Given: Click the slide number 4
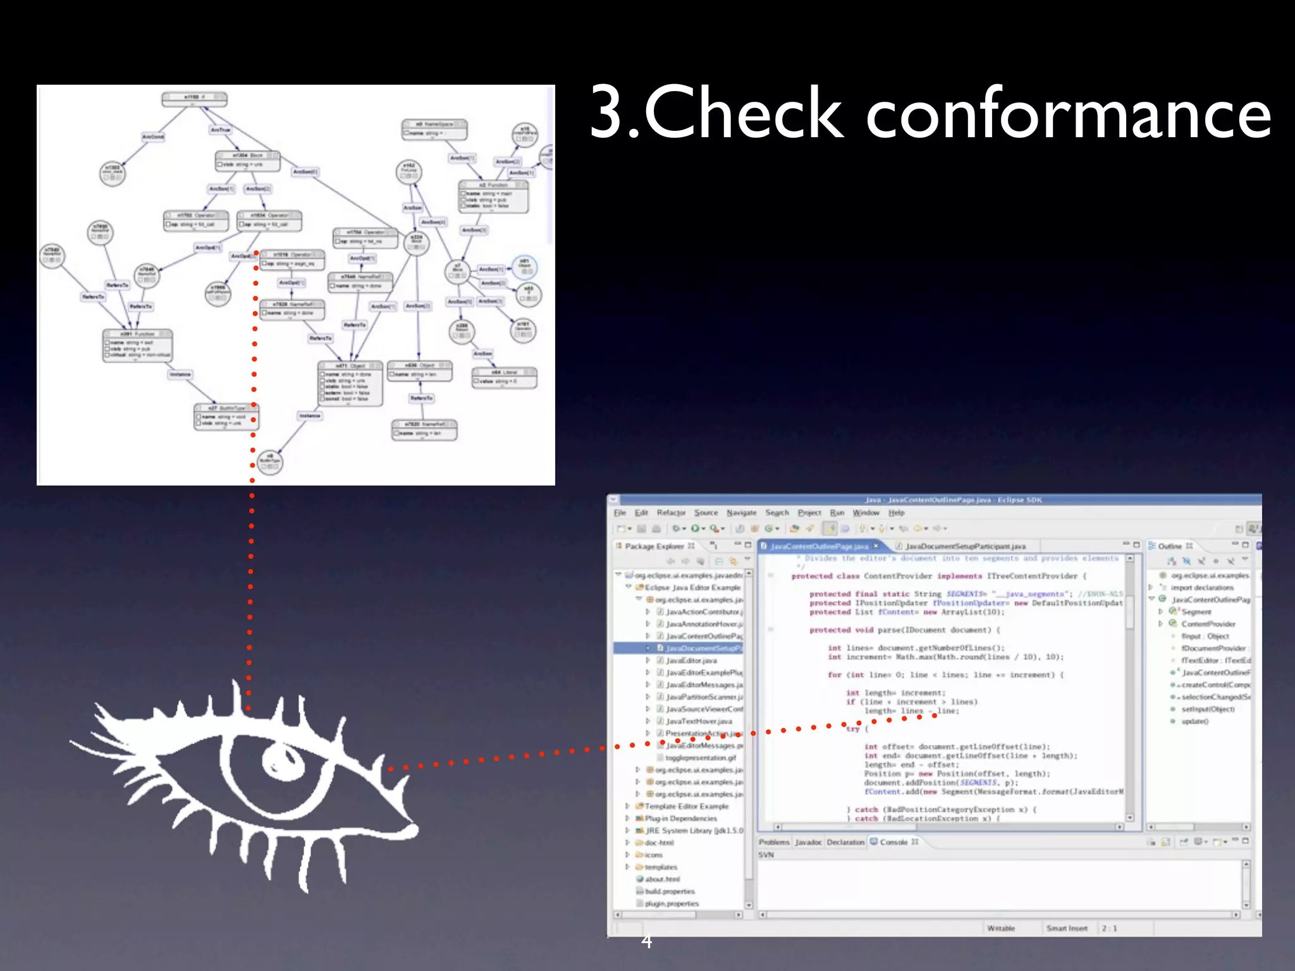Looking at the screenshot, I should (x=646, y=941).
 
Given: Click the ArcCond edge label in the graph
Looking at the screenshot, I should (x=153, y=137).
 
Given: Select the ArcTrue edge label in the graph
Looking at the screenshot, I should (x=221, y=130).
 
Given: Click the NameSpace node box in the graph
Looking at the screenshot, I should (x=434, y=130).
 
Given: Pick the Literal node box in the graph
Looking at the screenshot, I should (x=504, y=377).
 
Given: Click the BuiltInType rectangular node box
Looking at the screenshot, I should (x=226, y=417).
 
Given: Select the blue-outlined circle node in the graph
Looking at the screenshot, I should (x=524, y=266).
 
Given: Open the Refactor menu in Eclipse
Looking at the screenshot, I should (x=671, y=513).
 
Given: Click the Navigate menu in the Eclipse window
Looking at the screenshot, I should (x=741, y=513).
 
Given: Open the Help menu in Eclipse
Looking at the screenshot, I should (x=896, y=513).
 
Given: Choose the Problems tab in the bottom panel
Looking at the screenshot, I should (x=774, y=842).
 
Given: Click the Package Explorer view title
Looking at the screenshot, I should (x=654, y=546).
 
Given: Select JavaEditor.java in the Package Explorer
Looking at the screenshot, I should (x=692, y=661).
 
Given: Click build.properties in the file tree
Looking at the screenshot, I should (x=670, y=891).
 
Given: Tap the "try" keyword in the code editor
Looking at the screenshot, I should (x=853, y=729).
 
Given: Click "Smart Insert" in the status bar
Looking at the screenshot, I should (x=1067, y=929).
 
